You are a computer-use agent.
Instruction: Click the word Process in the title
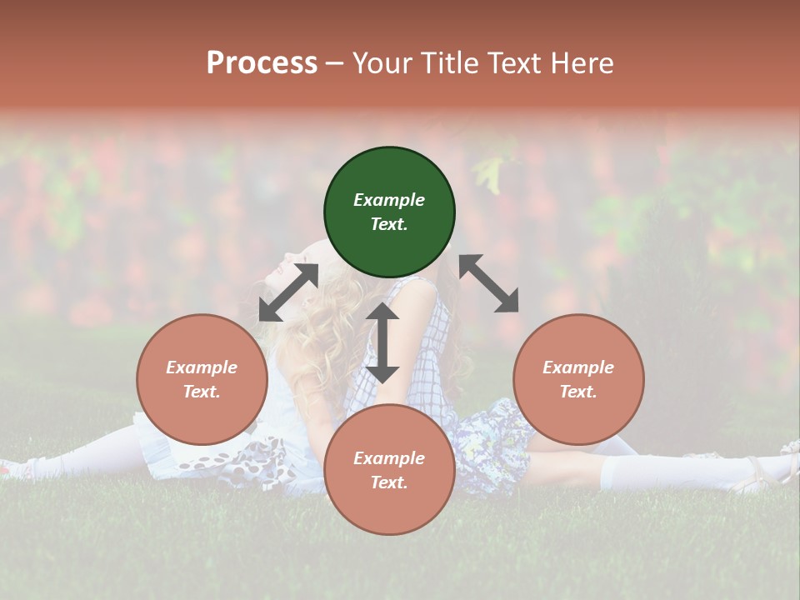click(262, 63)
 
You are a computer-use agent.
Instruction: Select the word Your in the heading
click(382, 63)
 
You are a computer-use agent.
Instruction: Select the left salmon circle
click(202, 380)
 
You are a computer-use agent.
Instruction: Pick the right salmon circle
click(578, 380)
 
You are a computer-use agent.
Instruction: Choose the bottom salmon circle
click(389, 469)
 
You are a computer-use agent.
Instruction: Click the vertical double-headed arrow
click(382, 342)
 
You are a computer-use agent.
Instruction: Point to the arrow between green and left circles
click(288, 292)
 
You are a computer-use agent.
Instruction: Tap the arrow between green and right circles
click(489, 283)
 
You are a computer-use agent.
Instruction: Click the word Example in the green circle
click(389, 200)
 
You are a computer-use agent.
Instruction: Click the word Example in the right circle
click(578, 367)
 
